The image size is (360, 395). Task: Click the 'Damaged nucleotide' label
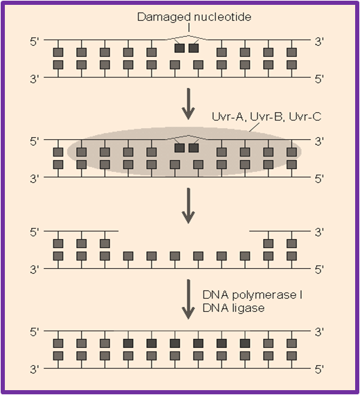[x=194, y=17]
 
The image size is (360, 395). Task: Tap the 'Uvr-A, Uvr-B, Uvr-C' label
[x=267, y=116]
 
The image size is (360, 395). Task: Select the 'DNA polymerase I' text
[x=253, y=295]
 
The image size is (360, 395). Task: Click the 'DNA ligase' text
[x=233, y=308]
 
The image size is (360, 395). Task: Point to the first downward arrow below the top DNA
[x=188, y=103]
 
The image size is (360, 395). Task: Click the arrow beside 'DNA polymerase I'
[x=188, y=299]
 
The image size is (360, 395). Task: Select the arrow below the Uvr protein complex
[x=188, y=206]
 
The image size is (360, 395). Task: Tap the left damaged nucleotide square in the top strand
[x=179, y=48]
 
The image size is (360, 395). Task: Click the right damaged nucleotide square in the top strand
[x=194, y=48]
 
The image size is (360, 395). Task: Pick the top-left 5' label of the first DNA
[x=35, y=42]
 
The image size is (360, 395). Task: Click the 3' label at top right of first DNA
[x=319, y=42]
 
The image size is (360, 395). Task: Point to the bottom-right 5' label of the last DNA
[x=319, y=370]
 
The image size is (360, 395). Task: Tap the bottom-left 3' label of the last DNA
[x=35, y=370]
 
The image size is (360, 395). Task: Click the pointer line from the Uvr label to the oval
[x=254, y=127]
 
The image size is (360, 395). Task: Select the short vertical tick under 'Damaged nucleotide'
[x=189, y=28]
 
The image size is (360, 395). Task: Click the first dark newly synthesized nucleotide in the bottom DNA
[x=128, y=343]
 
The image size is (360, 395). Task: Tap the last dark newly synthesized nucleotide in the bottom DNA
[x=245, y=343]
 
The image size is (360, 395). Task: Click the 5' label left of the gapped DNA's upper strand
[x=35, y=233]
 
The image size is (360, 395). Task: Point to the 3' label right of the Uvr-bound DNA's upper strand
[x=319, y=142]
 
